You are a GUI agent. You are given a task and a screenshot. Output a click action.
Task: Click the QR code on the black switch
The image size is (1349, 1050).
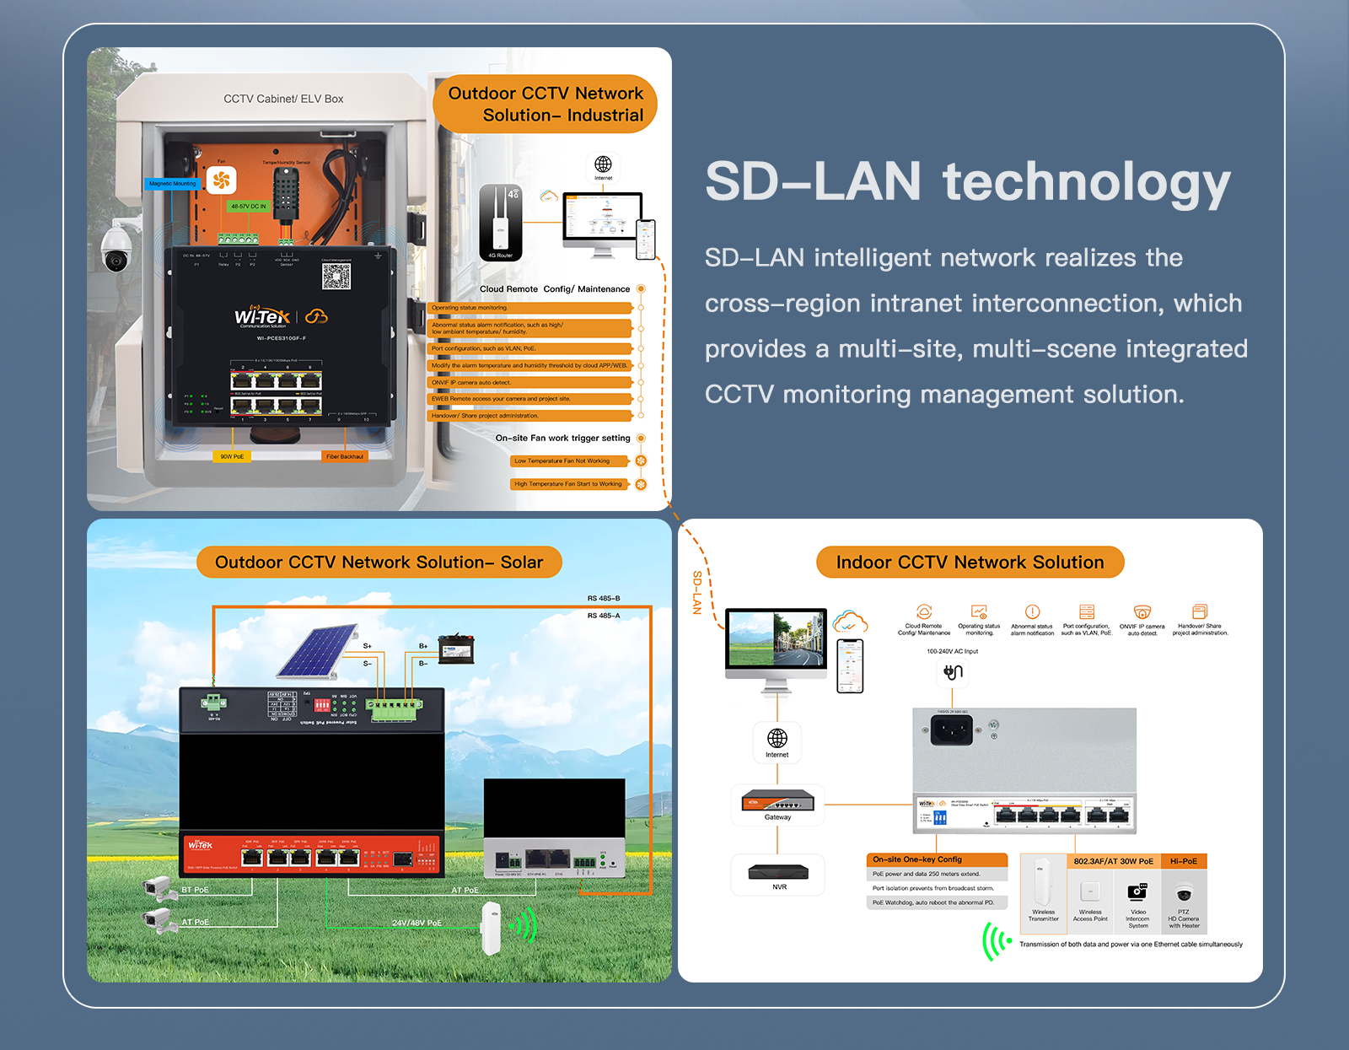point(336,276)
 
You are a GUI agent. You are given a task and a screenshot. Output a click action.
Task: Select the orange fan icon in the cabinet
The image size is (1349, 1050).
point(222,180)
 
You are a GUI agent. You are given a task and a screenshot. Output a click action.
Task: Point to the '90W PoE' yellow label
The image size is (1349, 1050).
point(232,456)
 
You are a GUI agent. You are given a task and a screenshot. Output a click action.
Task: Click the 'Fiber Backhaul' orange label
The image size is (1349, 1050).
point(345,456)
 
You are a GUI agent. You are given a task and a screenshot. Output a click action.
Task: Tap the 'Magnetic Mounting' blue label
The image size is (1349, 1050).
point(172,184)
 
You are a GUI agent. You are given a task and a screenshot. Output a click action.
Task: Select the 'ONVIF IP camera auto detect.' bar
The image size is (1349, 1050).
point(530,382)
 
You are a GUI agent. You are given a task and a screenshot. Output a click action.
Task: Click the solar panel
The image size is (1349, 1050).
point(319,650)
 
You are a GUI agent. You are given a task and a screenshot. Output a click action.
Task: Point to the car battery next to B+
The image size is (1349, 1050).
point(456,648)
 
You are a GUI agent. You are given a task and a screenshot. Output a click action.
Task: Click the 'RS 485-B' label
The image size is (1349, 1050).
point(604,598)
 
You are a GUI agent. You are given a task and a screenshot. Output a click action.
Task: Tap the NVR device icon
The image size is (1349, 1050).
point(778,872)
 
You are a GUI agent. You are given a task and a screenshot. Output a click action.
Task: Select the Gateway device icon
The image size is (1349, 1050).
point(777,800)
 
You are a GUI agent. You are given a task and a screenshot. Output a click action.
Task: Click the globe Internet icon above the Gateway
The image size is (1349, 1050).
point(777,739)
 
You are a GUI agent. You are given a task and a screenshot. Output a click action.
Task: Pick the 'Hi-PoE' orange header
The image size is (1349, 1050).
point(1184,861)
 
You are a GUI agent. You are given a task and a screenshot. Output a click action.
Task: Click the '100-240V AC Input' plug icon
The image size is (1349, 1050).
point(953,672)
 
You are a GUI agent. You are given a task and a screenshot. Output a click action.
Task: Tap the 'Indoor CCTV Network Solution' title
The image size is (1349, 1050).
point(970,563)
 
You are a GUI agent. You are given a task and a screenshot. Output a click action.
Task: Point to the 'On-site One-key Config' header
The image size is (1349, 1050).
point(917,859)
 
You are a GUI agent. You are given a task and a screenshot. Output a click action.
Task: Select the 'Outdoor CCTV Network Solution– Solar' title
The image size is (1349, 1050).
point(379,563)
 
